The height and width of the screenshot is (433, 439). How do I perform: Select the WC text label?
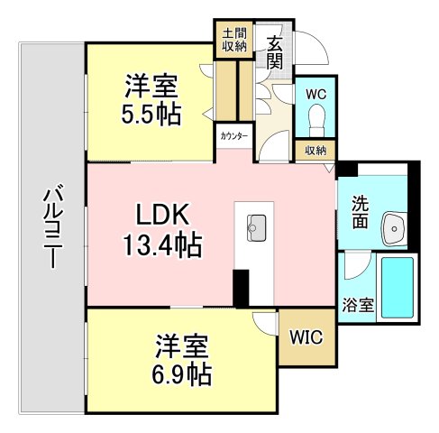(x=316, y=94)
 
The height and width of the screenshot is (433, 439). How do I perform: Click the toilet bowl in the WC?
(x=316, y=117)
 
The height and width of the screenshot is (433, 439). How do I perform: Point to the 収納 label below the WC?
(x=315, y=151)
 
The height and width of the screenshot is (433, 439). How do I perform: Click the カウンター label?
(x=232, y=136)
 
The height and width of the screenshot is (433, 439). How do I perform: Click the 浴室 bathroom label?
(x=359, y=304)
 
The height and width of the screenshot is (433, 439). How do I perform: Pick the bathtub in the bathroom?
(x=398, y=287)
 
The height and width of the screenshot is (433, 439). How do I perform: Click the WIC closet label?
(x=301, y=337)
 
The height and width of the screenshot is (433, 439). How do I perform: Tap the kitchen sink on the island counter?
(x=254, y=224)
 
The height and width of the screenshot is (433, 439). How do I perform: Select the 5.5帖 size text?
(x=151, y=115)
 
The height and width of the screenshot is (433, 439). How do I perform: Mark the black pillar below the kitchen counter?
(x=241, y=289)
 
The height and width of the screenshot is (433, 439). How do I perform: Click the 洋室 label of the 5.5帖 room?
(x=151, y=88)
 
